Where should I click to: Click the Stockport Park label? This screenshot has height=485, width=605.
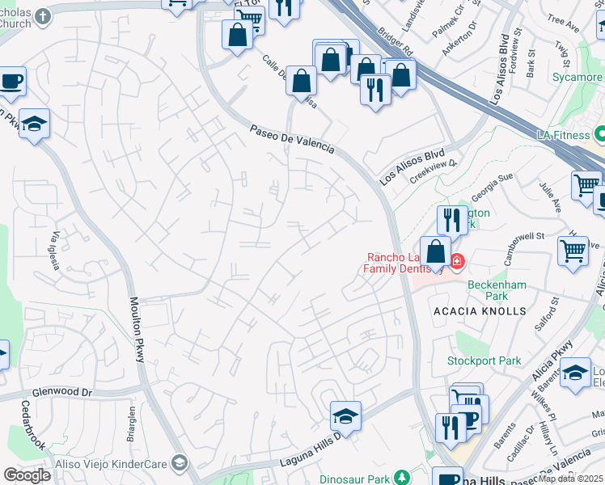click(x=484, y=361)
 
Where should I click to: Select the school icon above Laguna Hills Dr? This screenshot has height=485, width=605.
click(x=345, y=417)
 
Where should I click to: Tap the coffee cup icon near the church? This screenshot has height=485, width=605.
click(x=11, y=81)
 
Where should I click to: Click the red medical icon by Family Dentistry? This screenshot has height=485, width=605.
click(x=457, y=260)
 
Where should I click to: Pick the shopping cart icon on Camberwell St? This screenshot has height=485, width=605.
click(x=573, y=251)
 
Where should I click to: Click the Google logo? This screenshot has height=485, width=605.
click(x=27, y=474)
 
